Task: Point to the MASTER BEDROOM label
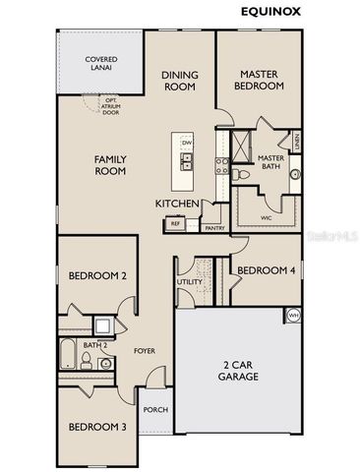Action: [x=260, y=79]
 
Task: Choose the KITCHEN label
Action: [x=178, y=204]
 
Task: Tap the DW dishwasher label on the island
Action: [x=186, y=144]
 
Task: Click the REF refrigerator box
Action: [x=175, y=224]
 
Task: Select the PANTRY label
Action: [x=214, y=228]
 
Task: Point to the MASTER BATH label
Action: [x=270, y=163]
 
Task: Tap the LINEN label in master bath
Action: [x=295, y=143]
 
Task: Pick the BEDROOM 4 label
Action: [x=267, y=270]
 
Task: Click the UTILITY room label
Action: [x=189, y=282]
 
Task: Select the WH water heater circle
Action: [x=293, y=315]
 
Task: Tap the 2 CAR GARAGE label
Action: [x=237, y=371]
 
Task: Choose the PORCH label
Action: [x=155, y=410]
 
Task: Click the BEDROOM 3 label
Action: [x=96, y=427]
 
